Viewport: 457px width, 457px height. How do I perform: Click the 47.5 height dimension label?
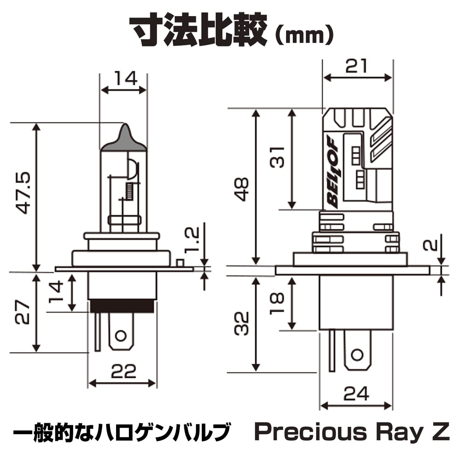click(24, 193)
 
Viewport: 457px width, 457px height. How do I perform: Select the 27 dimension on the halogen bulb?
click(22, 312)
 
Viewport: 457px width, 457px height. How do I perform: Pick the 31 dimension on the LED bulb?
click(277, 157)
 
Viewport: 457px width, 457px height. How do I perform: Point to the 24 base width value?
click(356, 393)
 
